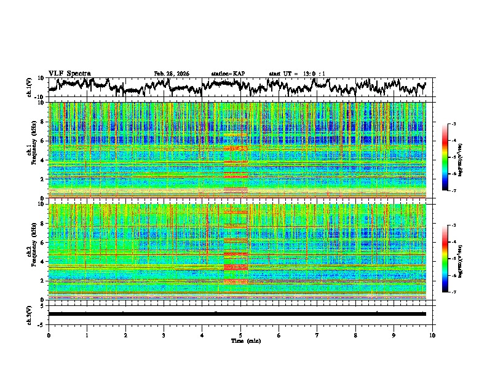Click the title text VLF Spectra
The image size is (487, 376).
[69, 74]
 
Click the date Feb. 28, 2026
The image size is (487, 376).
[172, 74]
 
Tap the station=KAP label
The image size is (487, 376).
[228, 74]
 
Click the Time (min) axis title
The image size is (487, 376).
[240, 340]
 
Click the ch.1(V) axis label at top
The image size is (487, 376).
[29, 88]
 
